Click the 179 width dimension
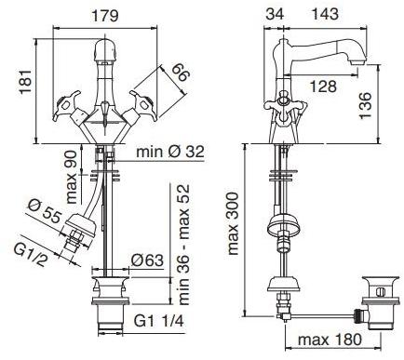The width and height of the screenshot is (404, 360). tap(105, 16)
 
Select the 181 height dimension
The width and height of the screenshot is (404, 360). tap(26, 82)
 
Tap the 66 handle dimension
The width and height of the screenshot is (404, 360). tap(180, 73)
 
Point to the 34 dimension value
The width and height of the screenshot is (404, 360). tap(275, 14)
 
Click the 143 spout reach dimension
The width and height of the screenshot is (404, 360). tap(325, 14)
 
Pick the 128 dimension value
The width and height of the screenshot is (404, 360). tap(323, 87)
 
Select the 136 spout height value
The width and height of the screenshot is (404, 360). tap(366, 105)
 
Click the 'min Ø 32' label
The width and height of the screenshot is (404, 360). tap(170, 152)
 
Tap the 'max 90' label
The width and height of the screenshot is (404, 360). tap(72, 177)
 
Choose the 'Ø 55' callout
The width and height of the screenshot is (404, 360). tap(45, 211)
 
